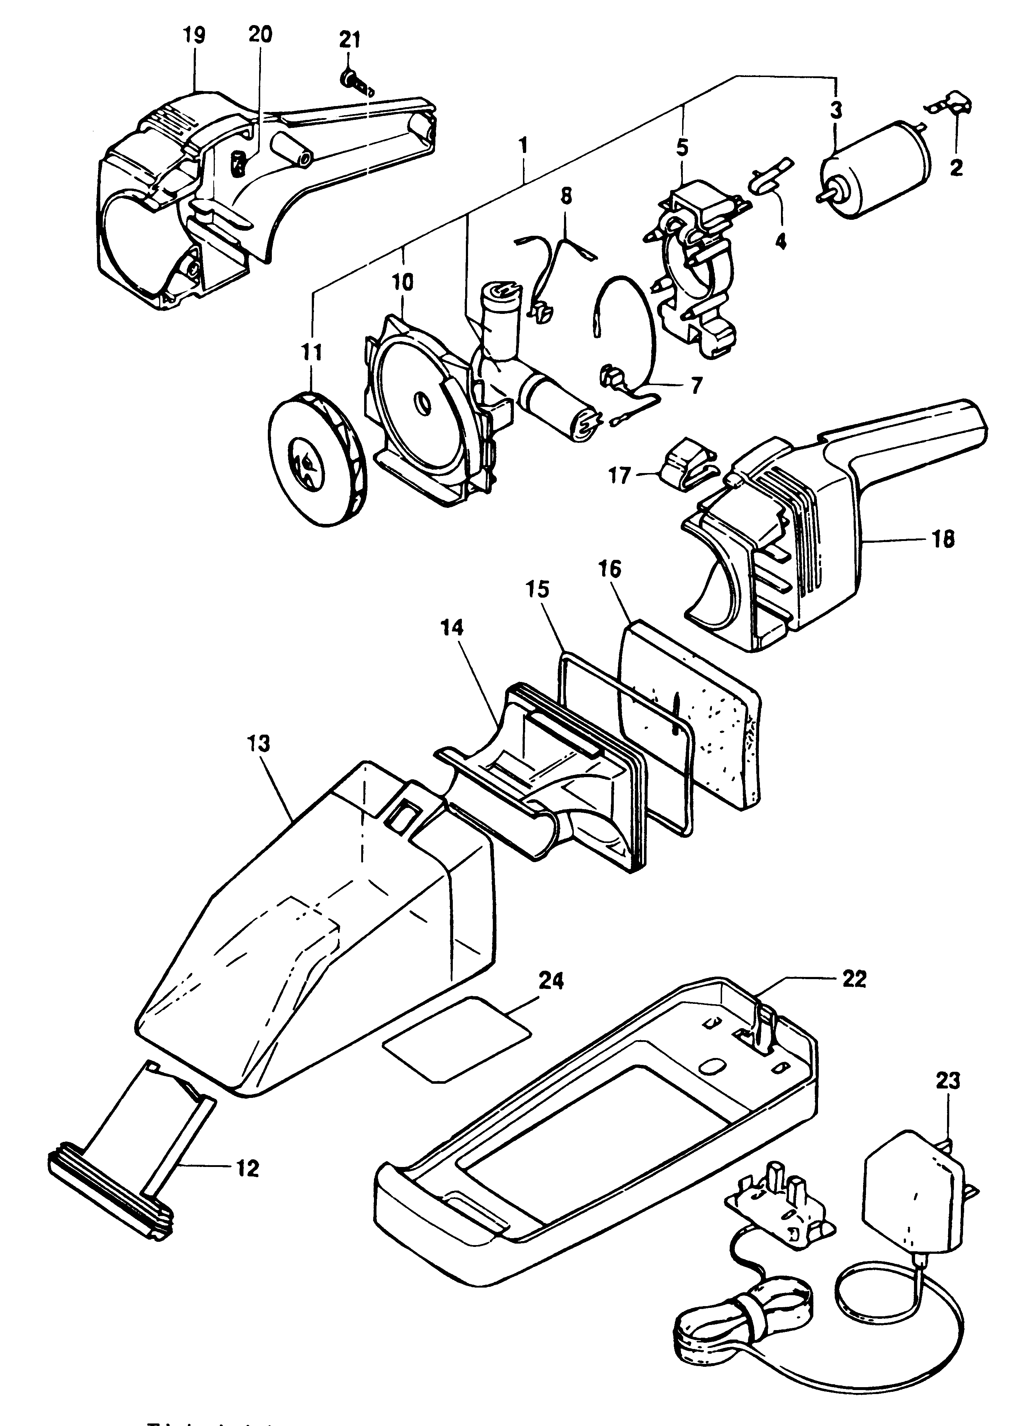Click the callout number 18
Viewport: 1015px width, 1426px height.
click(x=944, y=539)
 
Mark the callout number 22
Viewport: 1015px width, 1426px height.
click(x=854, y=979)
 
